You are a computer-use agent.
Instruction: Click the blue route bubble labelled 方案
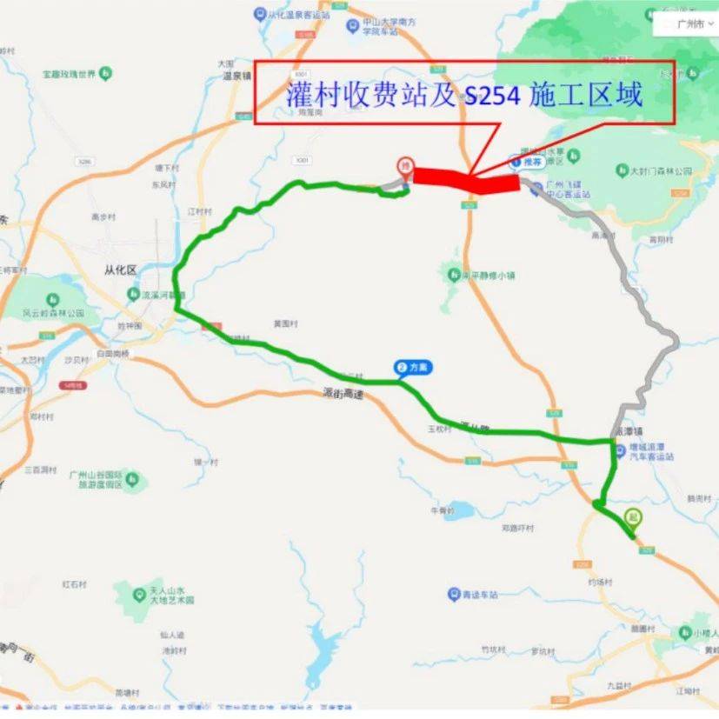[x=413, y=368]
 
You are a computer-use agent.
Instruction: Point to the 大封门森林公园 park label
[x=662, y=172]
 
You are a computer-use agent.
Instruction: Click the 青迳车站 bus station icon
[x=453, y=595]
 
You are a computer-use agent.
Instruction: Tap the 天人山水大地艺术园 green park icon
[x=139, y=595]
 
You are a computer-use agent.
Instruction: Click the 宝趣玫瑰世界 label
[x=63, y=75]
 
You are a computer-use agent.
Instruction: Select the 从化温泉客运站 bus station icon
[x=260, y=14]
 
